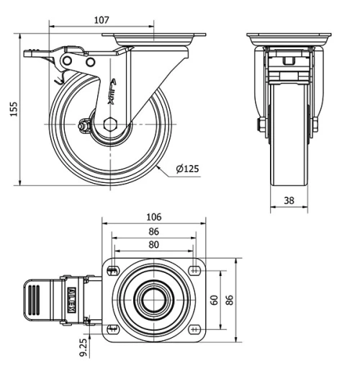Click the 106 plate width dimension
coord(153,217)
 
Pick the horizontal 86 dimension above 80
coord(153,232)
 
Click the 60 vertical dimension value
coord(215,298)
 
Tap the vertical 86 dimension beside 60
coord(231,298)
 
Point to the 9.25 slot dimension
coord(83,347)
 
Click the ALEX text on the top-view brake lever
coord(73,298)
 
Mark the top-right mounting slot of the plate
coord(195,270)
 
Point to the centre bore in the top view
coord(153,299)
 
